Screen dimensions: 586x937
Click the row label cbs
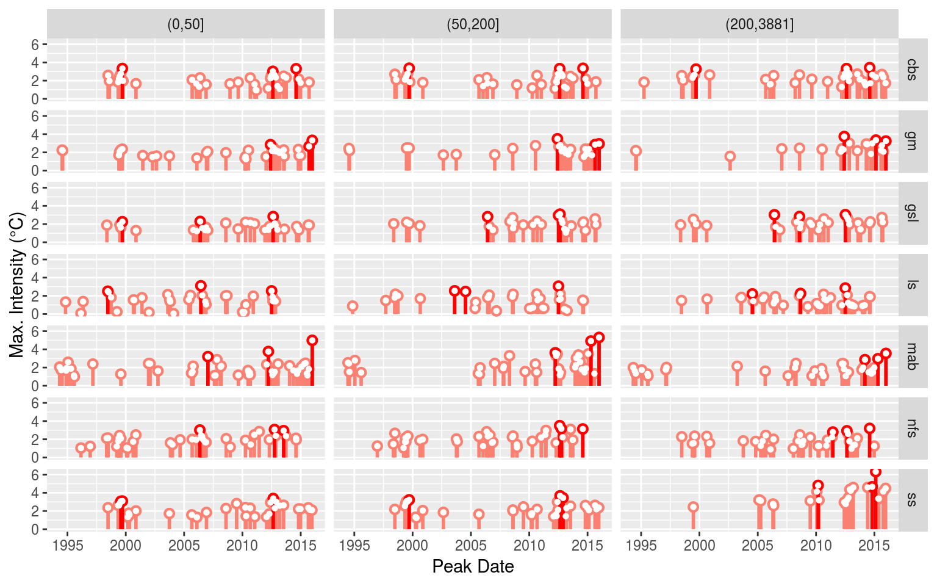click(912, 70)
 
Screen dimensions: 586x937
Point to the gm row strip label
click(912, 141)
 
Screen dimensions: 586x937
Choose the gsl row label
click(912, 212)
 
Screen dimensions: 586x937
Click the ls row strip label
click(912, 284)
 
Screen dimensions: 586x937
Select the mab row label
click(912, 356)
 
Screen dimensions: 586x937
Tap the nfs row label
click(912, 428)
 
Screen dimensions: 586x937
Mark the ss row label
click(912, 499)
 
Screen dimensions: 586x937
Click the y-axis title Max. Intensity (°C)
click(16, 284)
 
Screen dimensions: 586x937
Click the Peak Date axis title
click(473, 566)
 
